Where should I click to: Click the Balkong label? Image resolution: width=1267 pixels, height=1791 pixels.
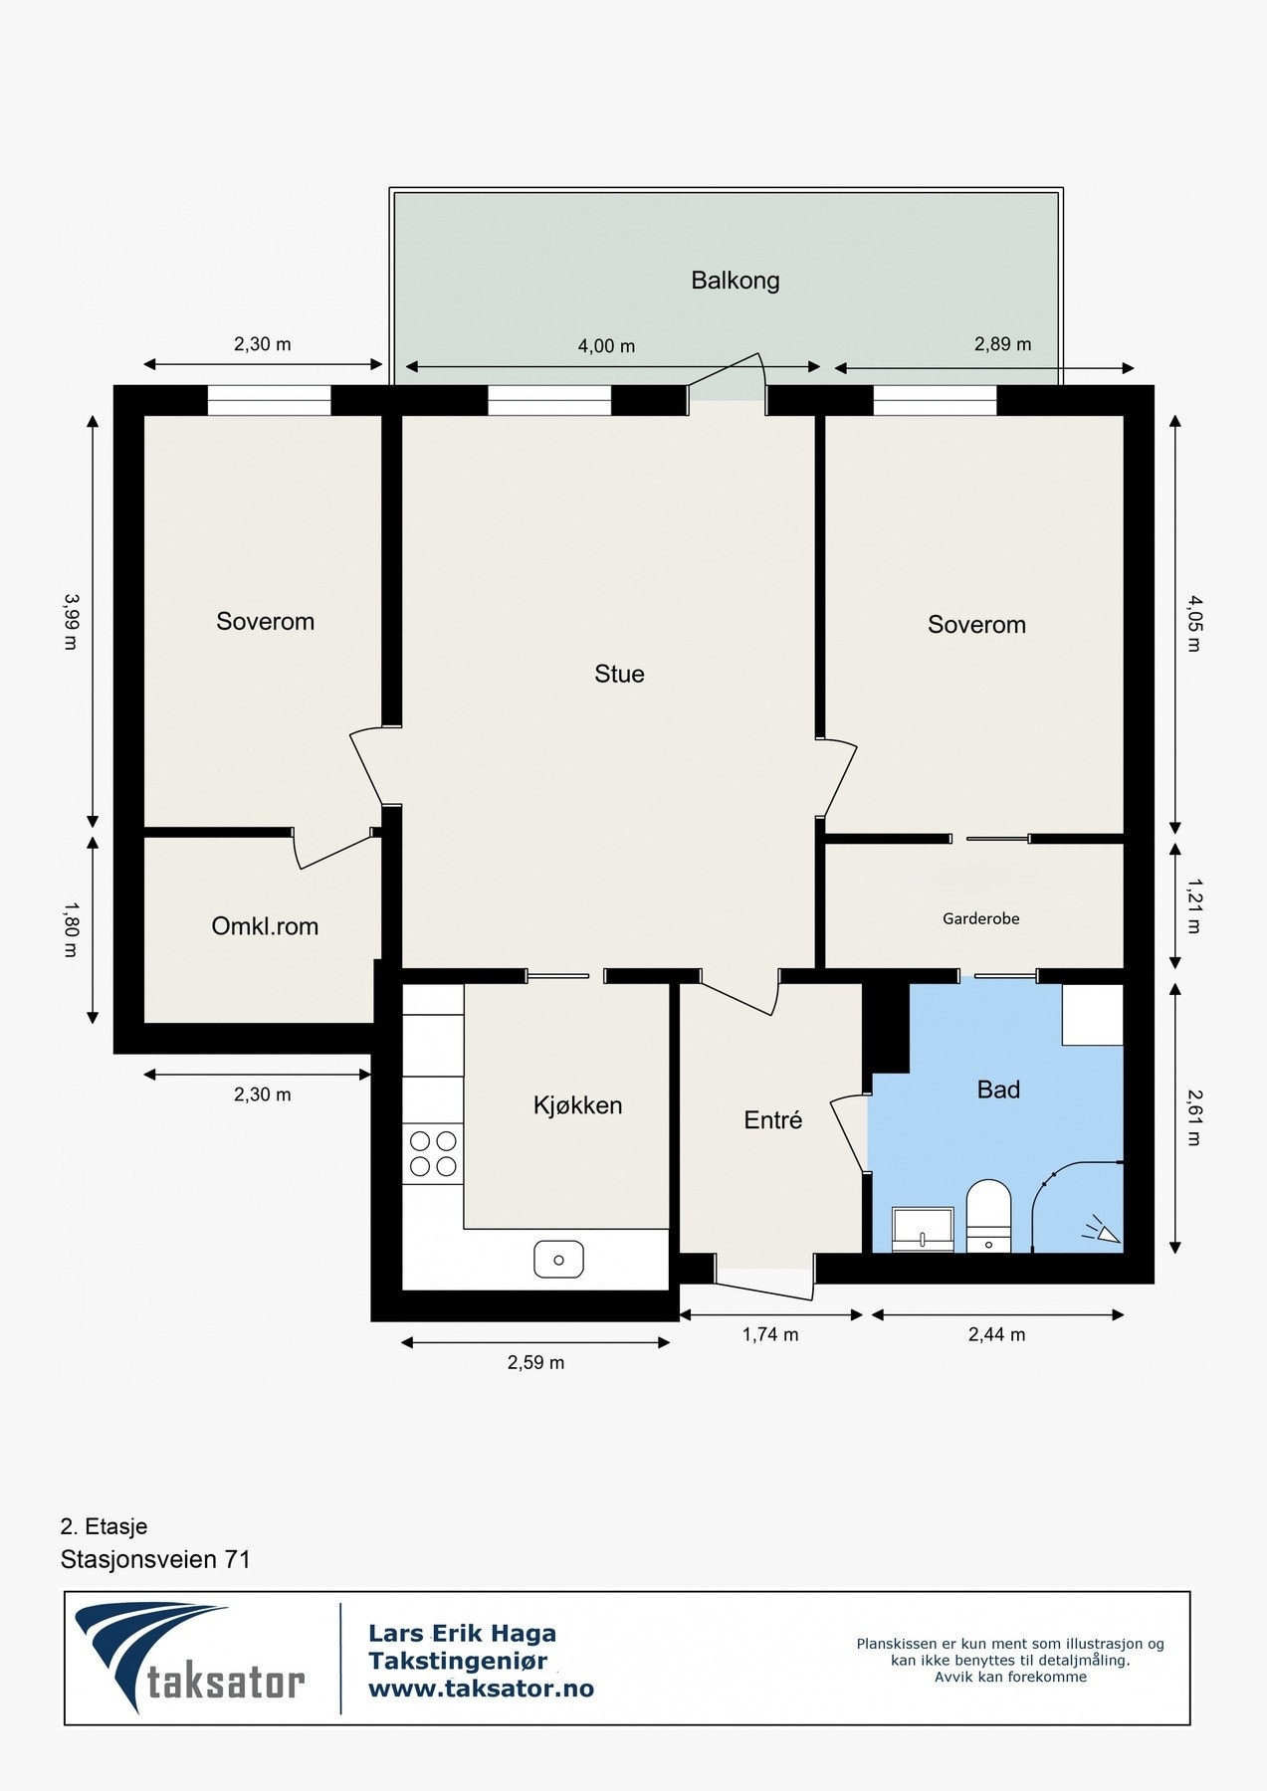tap(736, 281)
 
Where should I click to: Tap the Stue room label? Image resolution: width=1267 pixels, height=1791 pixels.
tap(619, 674)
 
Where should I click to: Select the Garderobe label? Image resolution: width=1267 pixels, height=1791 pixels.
tap(981, 918)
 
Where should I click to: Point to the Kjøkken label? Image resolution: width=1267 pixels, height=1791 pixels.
tap(578, 1104)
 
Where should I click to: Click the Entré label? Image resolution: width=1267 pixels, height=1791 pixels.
tap(773, 1119)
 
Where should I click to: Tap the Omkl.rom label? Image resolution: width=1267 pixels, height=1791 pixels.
tap(265, 926)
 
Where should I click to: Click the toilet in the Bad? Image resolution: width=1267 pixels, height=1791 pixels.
tap(988, 1216)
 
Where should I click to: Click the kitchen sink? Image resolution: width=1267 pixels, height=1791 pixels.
tap(559, 1260)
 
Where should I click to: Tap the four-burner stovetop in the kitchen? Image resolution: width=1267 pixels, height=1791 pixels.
tap(433, 1153)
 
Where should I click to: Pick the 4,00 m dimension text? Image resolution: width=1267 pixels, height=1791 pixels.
tap(606, 346)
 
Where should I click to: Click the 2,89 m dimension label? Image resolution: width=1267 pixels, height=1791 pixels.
tap(1002, 344)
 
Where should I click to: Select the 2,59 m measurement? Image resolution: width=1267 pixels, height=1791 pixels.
tap(535, 1363)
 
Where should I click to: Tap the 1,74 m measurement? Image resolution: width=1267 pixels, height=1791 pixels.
tap(770, 1334)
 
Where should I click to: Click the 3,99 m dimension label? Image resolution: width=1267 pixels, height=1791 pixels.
tap(70, 622)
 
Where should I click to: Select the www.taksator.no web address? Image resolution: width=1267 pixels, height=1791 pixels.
tap(481, 1689)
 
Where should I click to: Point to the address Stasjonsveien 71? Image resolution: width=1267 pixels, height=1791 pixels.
tap(155, 1559)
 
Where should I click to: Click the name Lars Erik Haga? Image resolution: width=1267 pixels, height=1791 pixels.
tap(462, 1633)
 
